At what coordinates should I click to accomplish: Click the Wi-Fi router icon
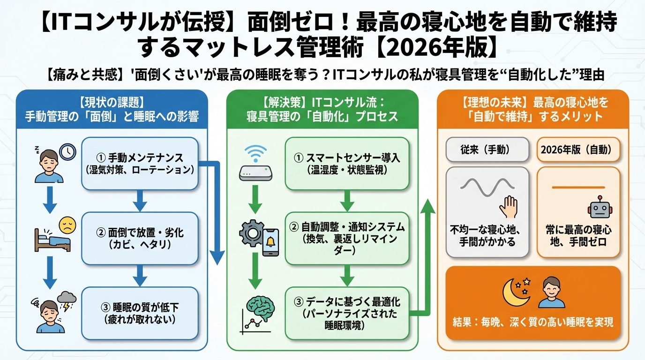click(x=255, y=164)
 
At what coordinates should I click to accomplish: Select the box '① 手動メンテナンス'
click(x=140, y=163)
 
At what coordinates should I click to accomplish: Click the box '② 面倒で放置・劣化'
click(x=140, y=238)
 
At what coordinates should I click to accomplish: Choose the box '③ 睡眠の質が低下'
click(x=140, y=313)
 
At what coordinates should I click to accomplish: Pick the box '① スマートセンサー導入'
click(x=346, y=163)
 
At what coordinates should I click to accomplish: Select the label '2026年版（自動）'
click(x=578, y=150)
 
